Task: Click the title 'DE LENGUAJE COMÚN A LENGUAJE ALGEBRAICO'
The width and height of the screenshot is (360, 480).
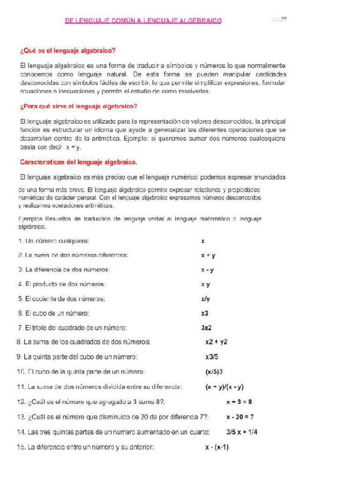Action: (x=143, y=21)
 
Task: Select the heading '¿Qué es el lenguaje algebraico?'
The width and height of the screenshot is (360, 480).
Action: (x=67, y=51)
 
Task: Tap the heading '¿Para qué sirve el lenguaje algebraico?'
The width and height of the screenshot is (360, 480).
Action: (x=79, y=106)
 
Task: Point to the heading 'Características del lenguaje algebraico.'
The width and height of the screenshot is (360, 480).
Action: (x=79, y=162)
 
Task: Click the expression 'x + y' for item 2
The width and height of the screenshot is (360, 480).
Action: (x=208, y=255)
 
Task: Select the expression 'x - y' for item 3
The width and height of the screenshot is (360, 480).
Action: (x=207, y=270)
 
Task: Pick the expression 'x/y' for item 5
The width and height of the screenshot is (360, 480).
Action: (x=205, y=299)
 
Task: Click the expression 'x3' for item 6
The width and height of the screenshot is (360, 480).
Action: (x=205, y=313)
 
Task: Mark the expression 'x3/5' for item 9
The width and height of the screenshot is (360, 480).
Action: (x=212, y=357)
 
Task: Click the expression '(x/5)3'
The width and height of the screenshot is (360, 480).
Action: (x=214, y=372)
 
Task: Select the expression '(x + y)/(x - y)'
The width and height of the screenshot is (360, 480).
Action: (x=225, y=387)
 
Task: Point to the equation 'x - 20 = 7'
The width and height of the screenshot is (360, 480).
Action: (x=240, y=417)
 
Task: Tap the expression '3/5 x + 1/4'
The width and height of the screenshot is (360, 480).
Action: (x=242, y=432)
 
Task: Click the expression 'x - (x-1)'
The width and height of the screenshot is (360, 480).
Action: (x=217, y=447)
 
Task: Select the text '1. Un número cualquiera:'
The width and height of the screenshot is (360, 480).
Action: (x=53, y=241)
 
